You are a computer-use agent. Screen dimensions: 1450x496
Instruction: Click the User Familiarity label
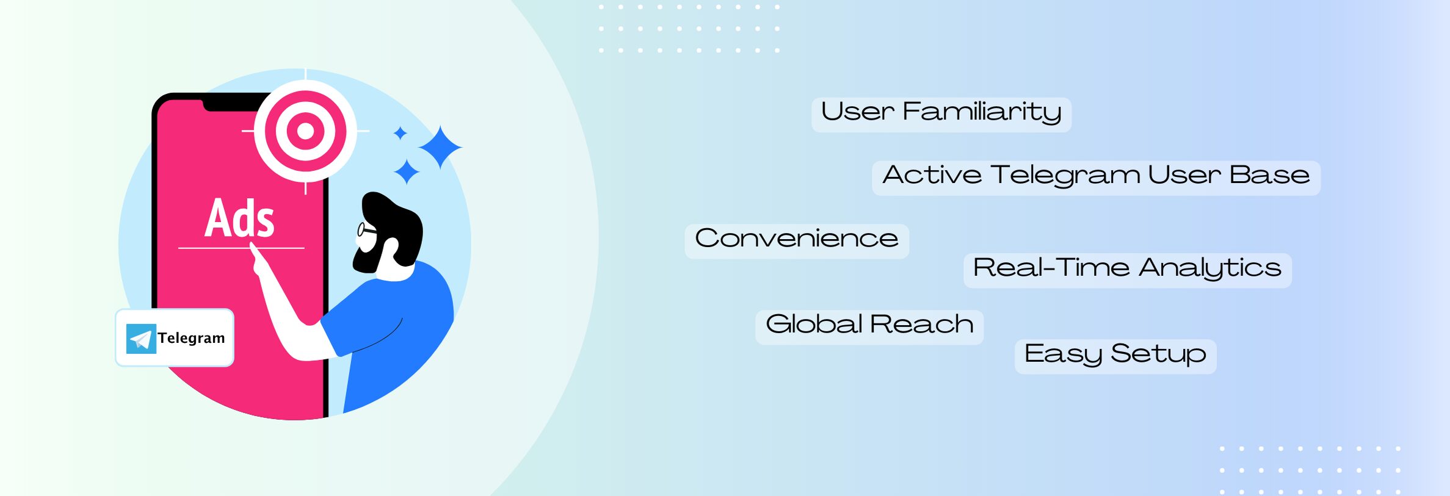pyautogui.click(x=941, y=114)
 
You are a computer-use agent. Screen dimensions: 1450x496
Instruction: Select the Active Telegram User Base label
pyautogui.click(x=1096, y=178)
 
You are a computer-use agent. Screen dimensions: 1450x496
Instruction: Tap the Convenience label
pyautogui.click(x=797, y=241)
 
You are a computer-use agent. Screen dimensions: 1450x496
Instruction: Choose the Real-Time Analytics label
pyautogui.click(x=1127, y=270)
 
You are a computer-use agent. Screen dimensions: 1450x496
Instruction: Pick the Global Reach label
pyautogui.click(x=869, y=327)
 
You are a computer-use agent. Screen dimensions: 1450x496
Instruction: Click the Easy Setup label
pyautogui.click(x=1115, y=356)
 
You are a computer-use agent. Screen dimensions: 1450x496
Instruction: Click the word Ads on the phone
pyautogui.click(x=239, y=218)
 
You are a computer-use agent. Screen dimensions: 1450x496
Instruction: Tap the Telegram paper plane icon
pyautogui.click(x=141, y=339)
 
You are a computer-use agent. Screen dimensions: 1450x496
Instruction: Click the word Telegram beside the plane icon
pyautogui.click(x=191, y=338)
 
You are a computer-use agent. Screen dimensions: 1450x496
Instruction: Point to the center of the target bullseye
pyautogui.click(x=305, y=131)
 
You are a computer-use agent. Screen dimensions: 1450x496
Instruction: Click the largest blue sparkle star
pyautogui.click(x=440, y=147)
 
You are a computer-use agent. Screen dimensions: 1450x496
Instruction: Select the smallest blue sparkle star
pyautogui.click(x=401, y=133)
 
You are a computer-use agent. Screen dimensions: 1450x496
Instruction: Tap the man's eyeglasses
pyautogui.click(x=366, y=231)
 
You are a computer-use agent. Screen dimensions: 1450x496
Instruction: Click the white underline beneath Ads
pyautogui.click(x=241, y=248)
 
